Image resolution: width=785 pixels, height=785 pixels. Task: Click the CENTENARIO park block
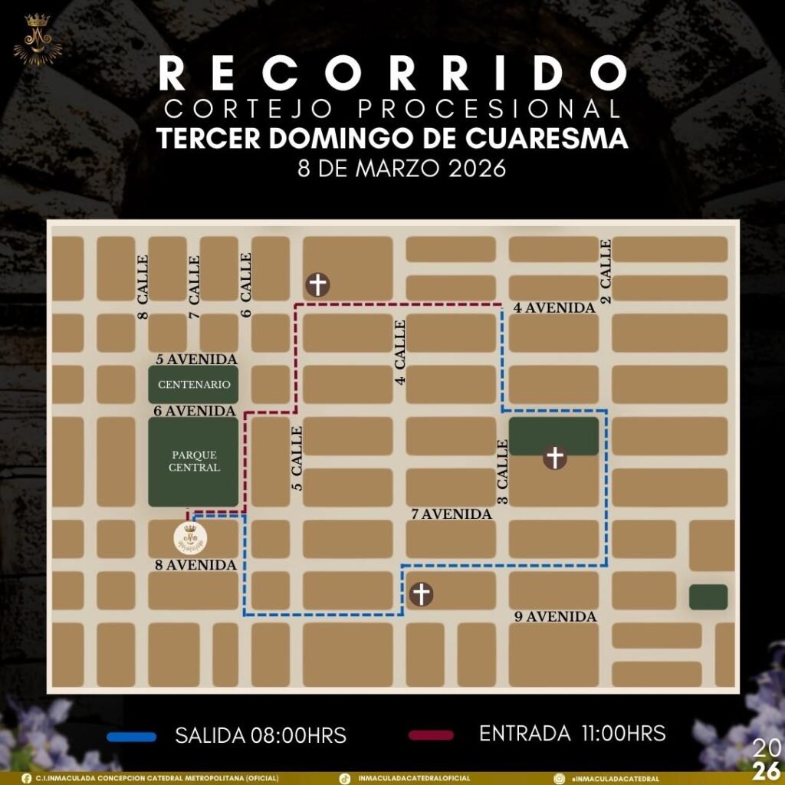pyautogui.click(x=193, y=384)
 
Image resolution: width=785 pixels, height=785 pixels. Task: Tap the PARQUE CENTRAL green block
pyautogui.click(x=193, y=461)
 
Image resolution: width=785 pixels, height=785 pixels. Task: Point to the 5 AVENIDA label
pyautogui.click(x=196, y=359)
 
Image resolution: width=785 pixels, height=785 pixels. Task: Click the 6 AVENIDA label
pyautogui.click(x=193, y=411)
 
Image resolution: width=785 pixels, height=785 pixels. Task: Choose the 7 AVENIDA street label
pyautogui.click(x=452, y=514)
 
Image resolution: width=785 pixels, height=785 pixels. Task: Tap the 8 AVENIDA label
pyautogui.click(x=195, y=565)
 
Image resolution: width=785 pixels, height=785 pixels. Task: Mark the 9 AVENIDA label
pyautogui.click(x=556, y=616)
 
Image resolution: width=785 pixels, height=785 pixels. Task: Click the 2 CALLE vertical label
pyautogui.click(x=606, y=271)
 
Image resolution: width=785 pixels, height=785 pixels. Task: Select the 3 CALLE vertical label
pyautogui.click(x=503, y=471)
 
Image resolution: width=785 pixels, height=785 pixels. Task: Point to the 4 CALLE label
pyautogui.click(x=400, y=353)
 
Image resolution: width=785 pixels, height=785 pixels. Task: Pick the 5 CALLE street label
pyautogui.click(x=297, y=458)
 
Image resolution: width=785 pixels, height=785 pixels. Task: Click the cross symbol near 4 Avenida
pyautogui.click(x=317, y=285)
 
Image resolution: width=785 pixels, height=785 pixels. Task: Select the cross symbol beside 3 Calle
pyautogui.click(x=555, y=458)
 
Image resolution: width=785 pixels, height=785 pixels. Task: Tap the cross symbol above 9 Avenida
pyautogui.click(x=421, y=594)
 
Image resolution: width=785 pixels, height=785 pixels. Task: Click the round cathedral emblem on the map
pyautogui.click(x=189, y=537)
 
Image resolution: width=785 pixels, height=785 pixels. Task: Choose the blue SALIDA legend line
pyautogui.click(x=132, y=736)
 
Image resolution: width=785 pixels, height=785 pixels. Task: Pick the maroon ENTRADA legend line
pyautogui.click(x=433, y=735)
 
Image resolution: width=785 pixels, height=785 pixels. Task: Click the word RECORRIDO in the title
pyautogui.click(x=392, y=74)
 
